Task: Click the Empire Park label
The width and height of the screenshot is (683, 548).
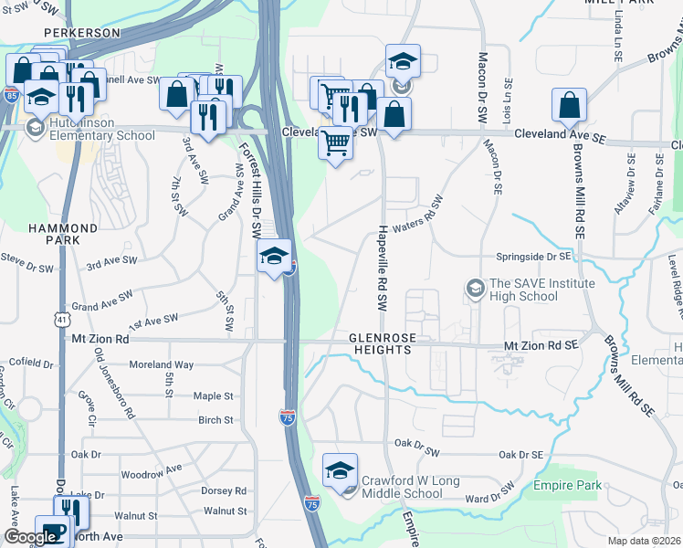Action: click(574, 486)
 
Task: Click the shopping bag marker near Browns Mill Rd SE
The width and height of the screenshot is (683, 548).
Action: click(569, 106)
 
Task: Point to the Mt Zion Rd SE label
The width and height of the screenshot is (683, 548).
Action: click(542, 346)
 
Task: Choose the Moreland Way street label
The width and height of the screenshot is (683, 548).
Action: click(161, 364)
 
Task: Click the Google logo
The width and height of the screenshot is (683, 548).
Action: click(29, 537)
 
